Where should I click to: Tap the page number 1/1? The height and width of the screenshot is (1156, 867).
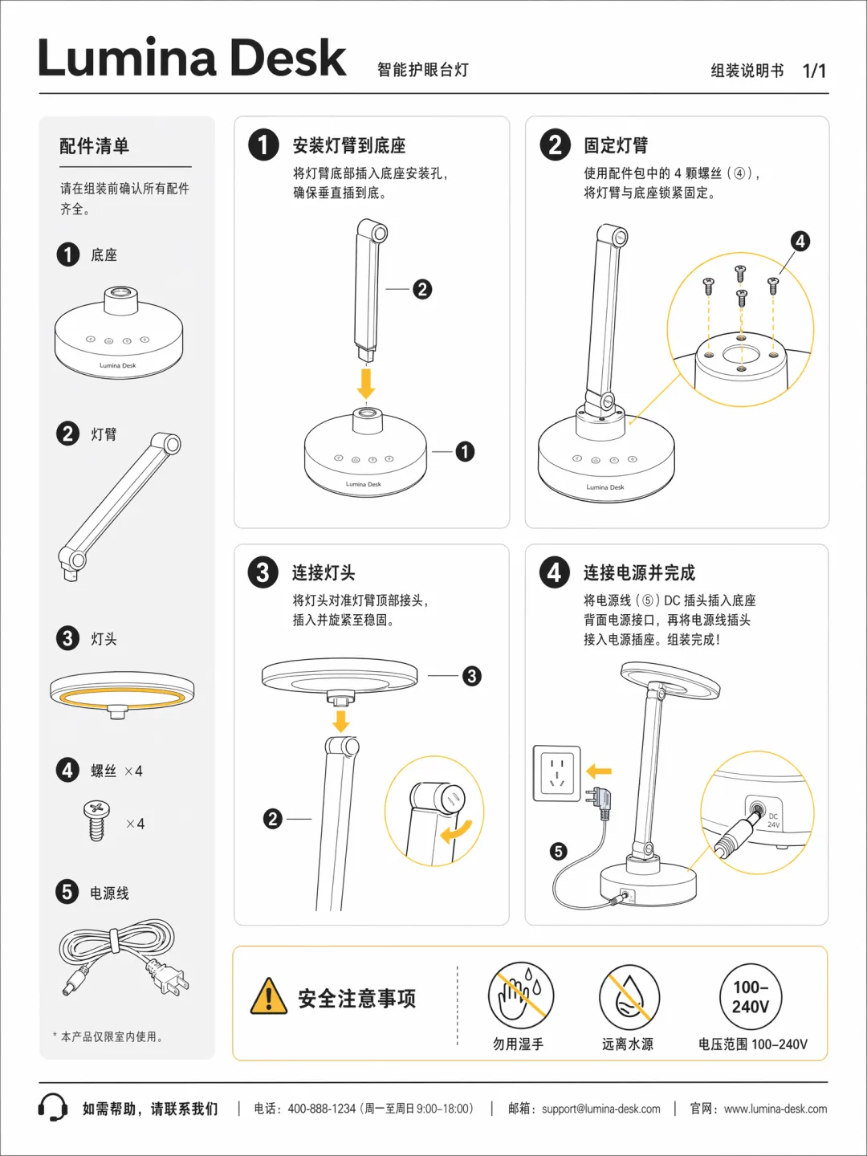pos(814,71)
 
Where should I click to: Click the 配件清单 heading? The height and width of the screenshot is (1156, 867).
pos(94,146)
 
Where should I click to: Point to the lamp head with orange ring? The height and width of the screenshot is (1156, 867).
pos(122,695)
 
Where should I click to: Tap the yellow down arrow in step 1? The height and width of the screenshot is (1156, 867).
pos(366,383)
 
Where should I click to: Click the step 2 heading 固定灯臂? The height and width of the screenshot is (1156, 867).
pos(616,145)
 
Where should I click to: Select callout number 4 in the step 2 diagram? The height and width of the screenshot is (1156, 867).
pos(800,241)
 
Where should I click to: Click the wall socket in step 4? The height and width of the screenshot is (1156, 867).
pos(557,772)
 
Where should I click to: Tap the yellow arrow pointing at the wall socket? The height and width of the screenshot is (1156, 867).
pos(599,771)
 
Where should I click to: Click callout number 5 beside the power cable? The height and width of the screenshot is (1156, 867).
pos(559,851)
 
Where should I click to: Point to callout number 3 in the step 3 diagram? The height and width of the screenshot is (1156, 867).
pos(472,676)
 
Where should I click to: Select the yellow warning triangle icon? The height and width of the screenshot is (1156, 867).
pos(269,997)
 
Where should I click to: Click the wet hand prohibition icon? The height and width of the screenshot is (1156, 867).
pos(520,995)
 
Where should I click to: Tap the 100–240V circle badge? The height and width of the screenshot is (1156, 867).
pos(751,996)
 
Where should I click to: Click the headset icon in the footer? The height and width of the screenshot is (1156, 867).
pos(53,1108)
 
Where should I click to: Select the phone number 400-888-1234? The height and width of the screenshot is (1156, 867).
pos(321,1109)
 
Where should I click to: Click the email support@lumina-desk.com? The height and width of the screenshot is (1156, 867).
pos(600,1109)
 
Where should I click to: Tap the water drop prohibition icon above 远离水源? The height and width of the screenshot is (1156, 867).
pos(629,997)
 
